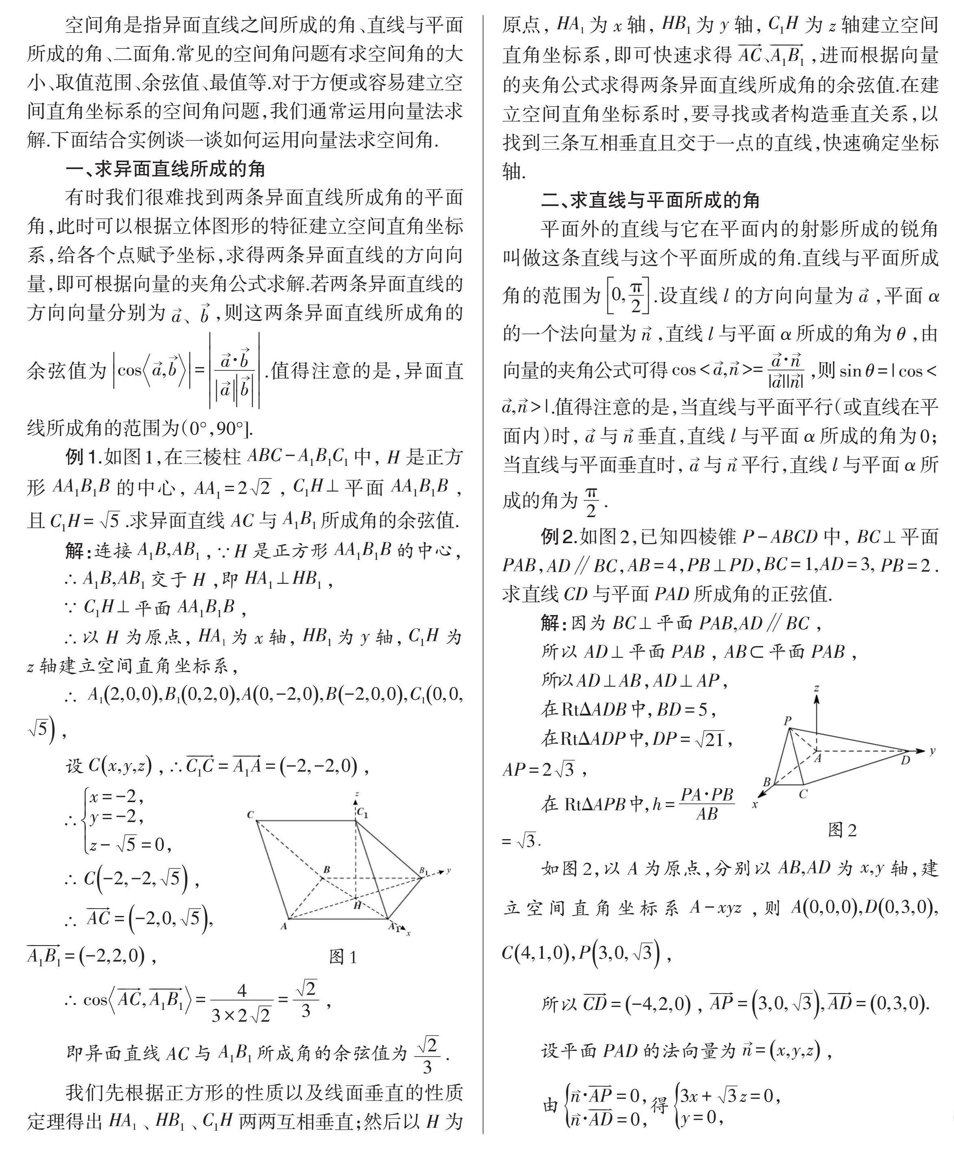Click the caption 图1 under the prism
[343, 957]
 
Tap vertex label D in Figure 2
[905, 761]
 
